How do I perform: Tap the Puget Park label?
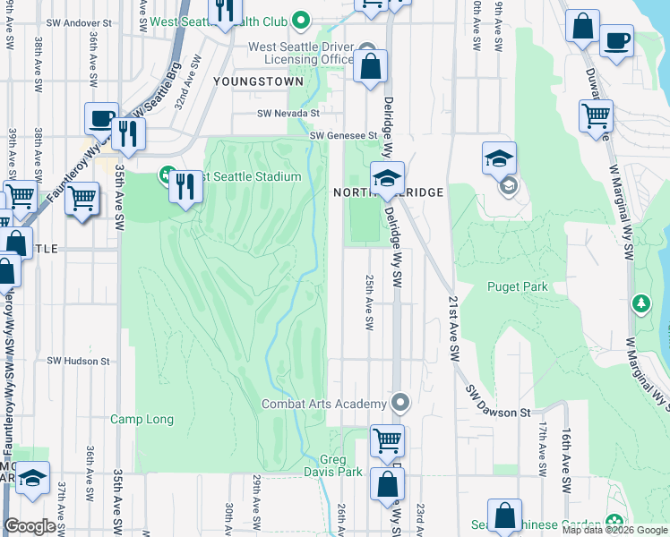(518, 286)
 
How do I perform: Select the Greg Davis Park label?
(332, 465)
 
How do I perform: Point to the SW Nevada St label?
(288, 114)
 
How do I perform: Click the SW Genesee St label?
(340, 136)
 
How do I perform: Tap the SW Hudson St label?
(79, 362)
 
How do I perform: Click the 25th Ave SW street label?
(368, 302)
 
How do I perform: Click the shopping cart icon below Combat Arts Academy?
(387, 439)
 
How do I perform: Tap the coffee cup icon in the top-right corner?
(615, 40)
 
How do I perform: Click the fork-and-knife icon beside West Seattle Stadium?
(185, 186)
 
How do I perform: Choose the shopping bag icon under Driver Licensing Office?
(370, 66)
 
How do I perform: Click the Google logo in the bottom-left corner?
(30, 527)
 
